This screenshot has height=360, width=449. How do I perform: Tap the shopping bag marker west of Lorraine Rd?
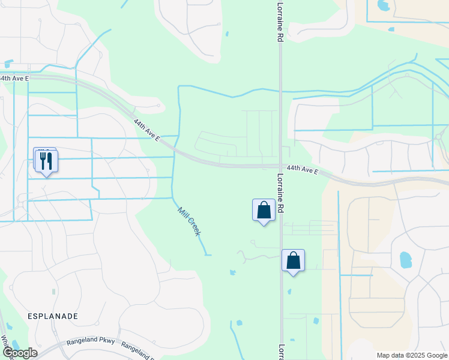coord(264,210)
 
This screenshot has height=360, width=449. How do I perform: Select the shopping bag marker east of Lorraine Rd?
coord(293,260)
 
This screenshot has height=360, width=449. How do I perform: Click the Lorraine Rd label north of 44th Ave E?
coord(280,21)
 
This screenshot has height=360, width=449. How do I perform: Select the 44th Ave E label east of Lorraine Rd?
coord(302,170)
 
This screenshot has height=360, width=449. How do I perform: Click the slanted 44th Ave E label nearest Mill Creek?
coord(146,130)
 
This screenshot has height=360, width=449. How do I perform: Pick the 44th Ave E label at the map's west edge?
coord(13,78)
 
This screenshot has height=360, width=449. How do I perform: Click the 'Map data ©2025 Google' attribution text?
coord(411,355)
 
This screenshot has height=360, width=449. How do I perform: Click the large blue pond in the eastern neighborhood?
coord(406,260)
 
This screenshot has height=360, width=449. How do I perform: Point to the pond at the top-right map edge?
coord(382,5)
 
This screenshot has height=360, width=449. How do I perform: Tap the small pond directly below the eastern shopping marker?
coord(289,292)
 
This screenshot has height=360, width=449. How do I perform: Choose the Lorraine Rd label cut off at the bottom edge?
coord(280,352)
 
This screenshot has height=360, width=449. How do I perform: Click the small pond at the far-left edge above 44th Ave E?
coord(8,63)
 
